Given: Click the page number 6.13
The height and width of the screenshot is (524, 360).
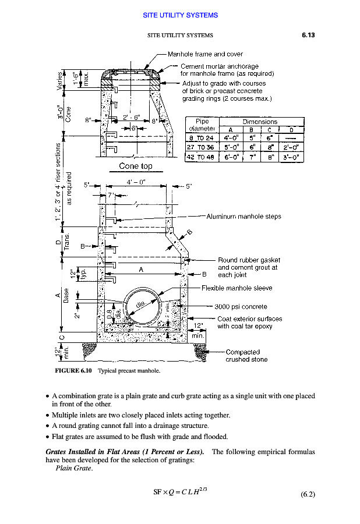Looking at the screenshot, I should (308, 36).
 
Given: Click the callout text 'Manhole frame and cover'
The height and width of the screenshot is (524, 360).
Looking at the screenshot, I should (205, 54).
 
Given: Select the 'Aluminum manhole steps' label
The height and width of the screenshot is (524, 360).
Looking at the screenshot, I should (243, 217).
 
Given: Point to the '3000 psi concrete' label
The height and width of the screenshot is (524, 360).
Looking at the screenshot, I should (241, 307).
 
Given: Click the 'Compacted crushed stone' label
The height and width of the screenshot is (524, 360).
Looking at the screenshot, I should (246, 356).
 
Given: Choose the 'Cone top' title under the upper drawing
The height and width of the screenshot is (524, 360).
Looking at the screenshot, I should (135, 167).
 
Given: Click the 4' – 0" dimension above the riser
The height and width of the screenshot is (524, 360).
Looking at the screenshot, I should (136, 182).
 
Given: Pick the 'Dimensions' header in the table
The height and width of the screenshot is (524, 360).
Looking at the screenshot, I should (260, 122).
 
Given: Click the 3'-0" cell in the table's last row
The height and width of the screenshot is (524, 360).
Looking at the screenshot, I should (292, 157).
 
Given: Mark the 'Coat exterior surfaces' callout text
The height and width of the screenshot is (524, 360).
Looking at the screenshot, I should (249, 319).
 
